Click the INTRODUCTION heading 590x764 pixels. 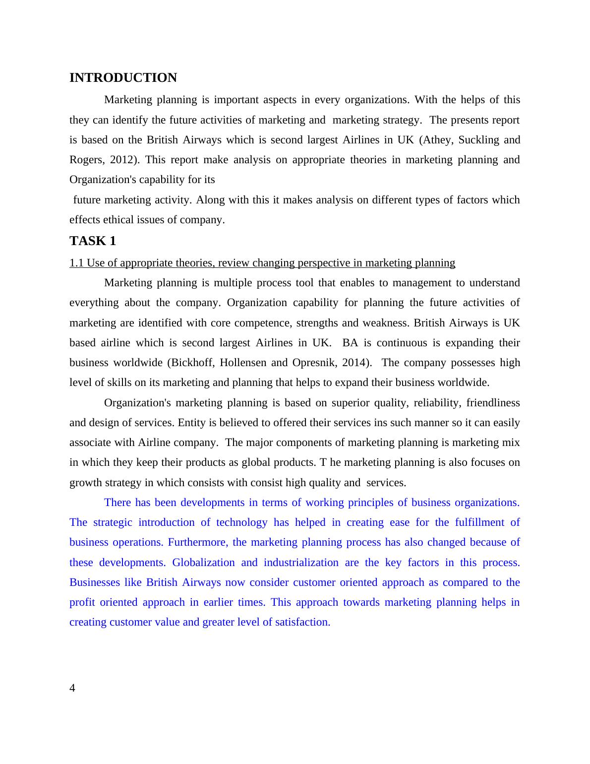click(123, 78)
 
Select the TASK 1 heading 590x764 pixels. click(93, 241)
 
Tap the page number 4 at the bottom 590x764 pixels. click(72, 688)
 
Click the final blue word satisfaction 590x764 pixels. click(303, 622)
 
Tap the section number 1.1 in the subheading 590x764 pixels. click(77, 263)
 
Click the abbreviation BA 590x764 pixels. click(350, 343)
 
